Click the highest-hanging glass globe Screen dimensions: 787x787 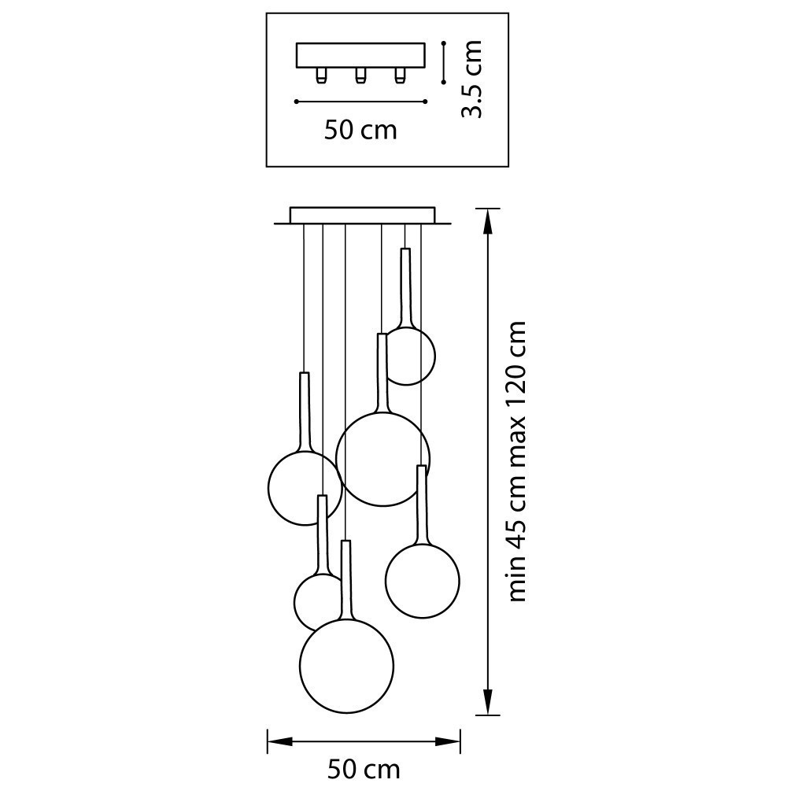(x=408, y=356)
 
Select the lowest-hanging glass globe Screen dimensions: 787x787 (x=346, y=666)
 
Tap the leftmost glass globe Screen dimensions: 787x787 (x=304, y=487)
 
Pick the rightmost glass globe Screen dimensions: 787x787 (x=423, y=580)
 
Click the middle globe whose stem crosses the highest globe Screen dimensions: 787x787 (x=382, y=458)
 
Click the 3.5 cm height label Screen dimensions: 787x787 (x=471, y=79)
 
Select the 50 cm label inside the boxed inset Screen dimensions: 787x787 (x=360, y=130)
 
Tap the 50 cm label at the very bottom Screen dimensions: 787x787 (x=364, y=768)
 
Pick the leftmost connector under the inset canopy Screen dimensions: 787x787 (x=322, y=76)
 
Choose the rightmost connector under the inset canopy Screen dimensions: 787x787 (x=401, y=76)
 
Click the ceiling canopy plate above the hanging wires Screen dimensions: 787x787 (x=362, y=216)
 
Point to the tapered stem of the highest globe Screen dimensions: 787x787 (x=406, y=287)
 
